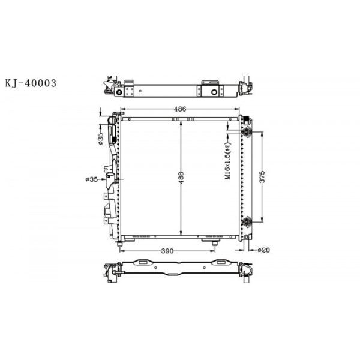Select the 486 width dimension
click(180, 109)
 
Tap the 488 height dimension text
click(181, 179)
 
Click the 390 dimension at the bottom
click(167, 250)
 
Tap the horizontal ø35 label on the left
click(92, 179)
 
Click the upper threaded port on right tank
click(246, 132)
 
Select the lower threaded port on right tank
click(246, 223)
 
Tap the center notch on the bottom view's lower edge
click(172, 275)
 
